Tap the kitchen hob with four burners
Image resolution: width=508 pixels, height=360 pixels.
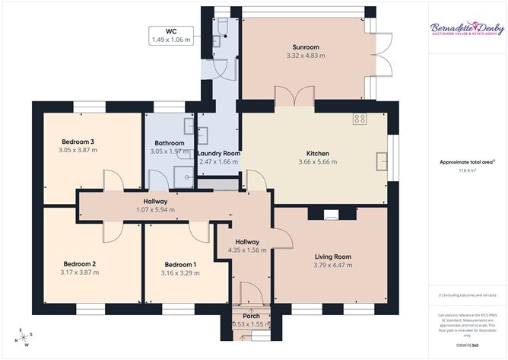360,119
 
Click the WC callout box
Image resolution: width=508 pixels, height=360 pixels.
171,35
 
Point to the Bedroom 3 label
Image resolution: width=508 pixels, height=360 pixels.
78,142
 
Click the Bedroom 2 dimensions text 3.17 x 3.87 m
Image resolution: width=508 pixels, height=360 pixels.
79,272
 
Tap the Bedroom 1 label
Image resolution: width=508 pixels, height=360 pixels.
179,265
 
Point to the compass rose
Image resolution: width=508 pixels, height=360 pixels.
26,336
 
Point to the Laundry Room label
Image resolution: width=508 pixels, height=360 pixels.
219,154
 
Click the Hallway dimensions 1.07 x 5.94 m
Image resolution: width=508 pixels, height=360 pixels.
154,210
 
